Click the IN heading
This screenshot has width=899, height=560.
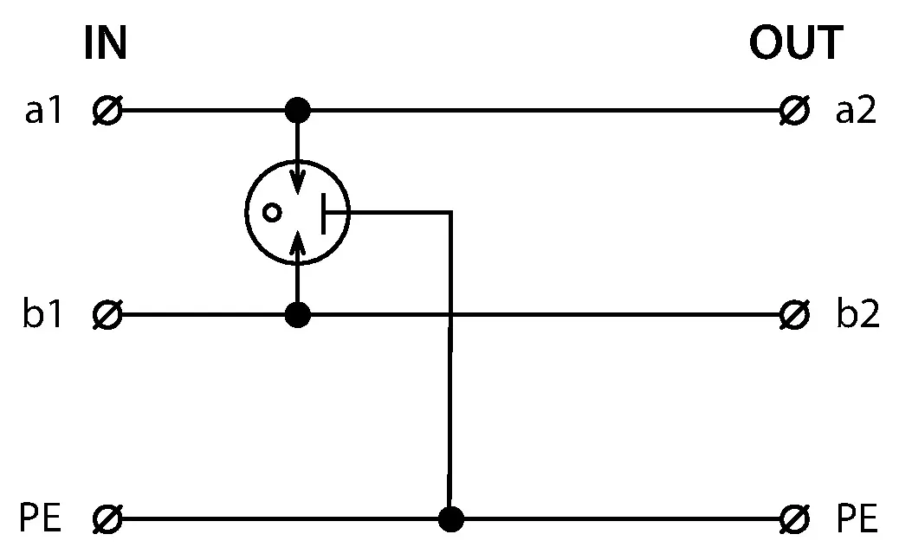tap(105, 42)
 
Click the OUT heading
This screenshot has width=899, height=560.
tap(796, 42)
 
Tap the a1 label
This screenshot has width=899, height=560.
tap(43, 111)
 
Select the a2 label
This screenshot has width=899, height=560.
tap(856, 111)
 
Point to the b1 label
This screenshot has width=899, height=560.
tap(42, 313)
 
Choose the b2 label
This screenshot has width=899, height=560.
tap(857, 313)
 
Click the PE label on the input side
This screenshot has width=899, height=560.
tap(40, 518)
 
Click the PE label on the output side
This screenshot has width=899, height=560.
tap(857, 518)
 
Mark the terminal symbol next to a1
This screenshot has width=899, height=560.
tap(107, 110)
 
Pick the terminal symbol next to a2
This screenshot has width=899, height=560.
tap(795, 110)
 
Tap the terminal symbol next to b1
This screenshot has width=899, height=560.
tap(107, 315)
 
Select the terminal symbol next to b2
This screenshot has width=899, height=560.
tap(795, 315)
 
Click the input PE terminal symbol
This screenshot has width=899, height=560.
tap(107, 519)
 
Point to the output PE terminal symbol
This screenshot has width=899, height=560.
tap(795, 519)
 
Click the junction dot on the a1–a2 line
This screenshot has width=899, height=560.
tap(298, 110)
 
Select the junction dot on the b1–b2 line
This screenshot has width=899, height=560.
tap(298, 315)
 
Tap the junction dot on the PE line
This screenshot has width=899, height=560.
tap(450, 519)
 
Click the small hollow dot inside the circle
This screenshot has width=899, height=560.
tap(272, 213)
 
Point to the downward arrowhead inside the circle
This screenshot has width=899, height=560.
tap(297, 181)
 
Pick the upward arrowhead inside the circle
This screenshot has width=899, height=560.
tap(297, 244)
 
